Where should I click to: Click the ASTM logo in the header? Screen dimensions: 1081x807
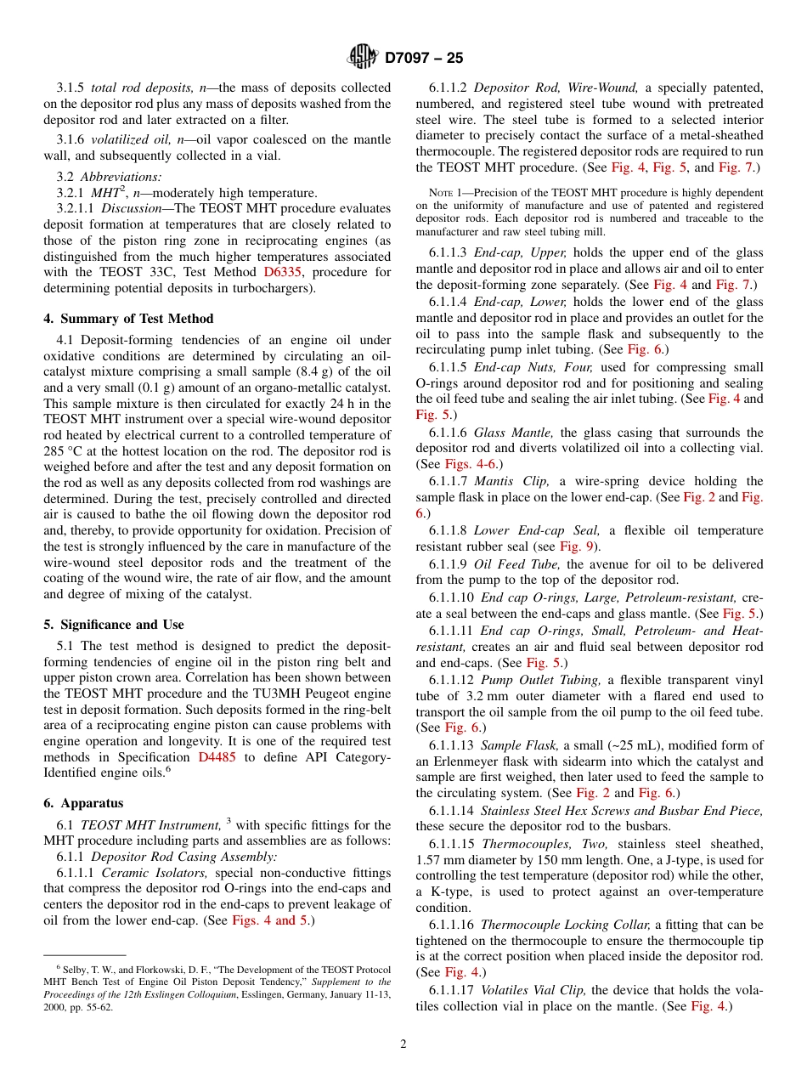[364, 58]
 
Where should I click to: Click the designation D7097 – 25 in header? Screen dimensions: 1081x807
[424, 59]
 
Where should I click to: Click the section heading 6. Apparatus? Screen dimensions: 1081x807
[83, 802]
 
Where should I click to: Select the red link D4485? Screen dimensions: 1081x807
[217, 756]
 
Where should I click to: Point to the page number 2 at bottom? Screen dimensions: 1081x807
[403, 1044]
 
